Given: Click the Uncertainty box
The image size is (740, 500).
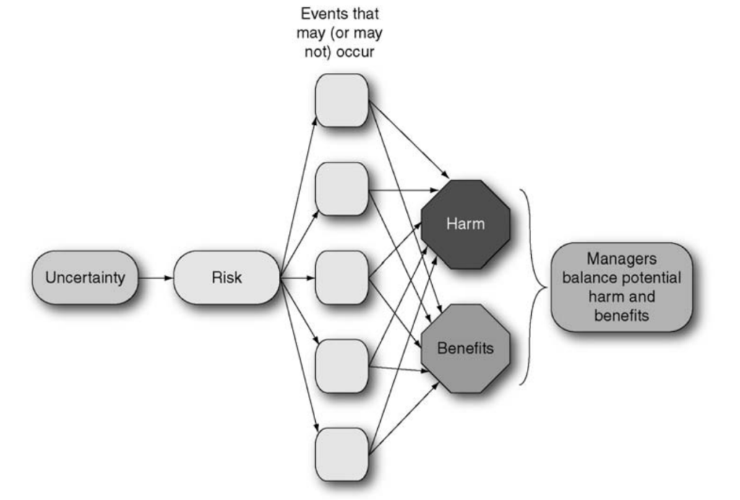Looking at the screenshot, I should [x=85, y=277].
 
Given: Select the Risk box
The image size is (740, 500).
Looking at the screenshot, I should [x=226, y=277].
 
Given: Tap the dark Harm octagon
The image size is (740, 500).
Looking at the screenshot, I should [x=465, y=224].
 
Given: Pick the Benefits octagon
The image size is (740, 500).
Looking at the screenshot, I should [x=465, y=348].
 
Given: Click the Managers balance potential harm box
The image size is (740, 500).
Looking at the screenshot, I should [x=621, y=287].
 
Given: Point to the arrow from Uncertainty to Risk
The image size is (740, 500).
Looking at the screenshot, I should [x=155, y=277].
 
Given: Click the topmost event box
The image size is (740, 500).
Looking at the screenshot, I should [x=342, y=100].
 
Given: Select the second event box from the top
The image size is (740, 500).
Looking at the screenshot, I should [x=342, y=189].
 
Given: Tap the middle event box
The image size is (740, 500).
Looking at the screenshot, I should [x=342, y=277].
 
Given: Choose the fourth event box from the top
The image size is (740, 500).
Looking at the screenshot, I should [x=342, y=366].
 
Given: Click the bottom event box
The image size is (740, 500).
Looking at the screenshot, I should [x=342, y=454].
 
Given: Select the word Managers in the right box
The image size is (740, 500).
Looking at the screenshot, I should [x=621, y=258].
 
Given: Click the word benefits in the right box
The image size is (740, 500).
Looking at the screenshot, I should [x=621, y=316].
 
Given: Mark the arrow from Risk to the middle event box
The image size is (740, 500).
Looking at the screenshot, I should [x=298, y=277].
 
